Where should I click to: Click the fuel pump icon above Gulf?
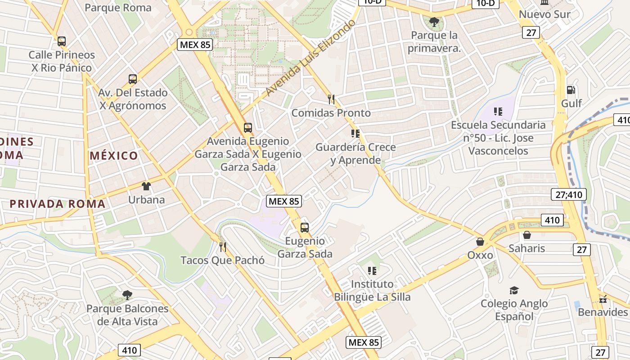571,90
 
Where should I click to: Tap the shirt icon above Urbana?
146,186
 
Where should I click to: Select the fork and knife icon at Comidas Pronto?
331,99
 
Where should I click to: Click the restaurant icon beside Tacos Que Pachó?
222,247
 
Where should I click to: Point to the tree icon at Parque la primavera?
434,22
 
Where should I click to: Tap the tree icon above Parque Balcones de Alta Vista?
127,295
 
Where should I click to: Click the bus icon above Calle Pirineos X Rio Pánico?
62,41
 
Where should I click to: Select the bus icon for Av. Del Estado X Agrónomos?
133,79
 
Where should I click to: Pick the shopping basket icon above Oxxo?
480,242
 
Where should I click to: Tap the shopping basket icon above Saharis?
526,235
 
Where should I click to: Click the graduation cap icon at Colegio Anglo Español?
514,290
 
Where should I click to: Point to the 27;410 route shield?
569,195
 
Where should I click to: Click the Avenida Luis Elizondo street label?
310,58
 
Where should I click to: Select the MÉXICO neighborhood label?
114,156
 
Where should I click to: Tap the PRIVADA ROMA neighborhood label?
58,204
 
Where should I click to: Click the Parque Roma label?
118,8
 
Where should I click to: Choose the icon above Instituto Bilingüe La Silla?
372,271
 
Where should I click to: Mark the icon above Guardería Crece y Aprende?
355,134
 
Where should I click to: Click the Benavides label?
603,312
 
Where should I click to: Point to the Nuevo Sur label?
544,14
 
